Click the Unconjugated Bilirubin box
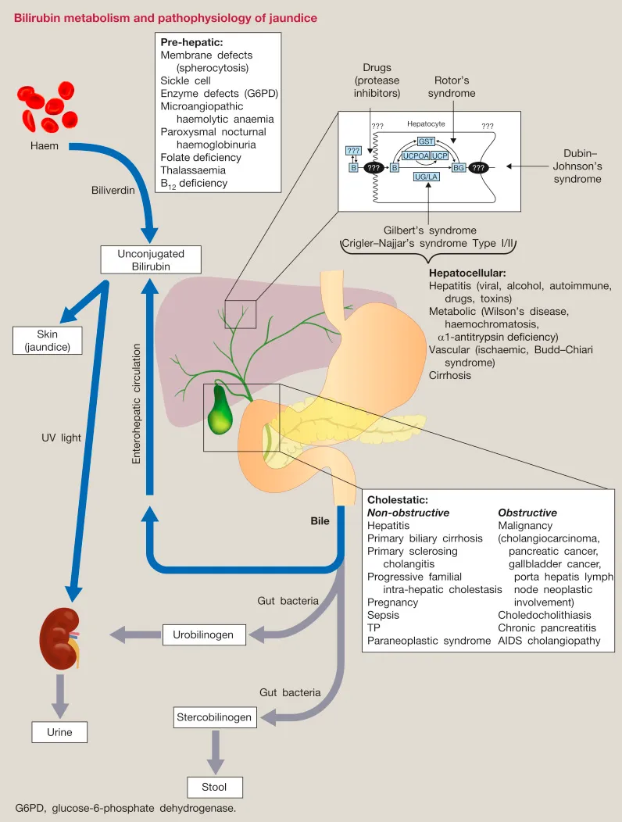pos(151,259)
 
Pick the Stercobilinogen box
pos(214,717)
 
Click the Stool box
pos(215,787)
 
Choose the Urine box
pos(59,732)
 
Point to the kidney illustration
pos(59,641)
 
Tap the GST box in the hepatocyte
pos(426,141)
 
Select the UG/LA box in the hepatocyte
pos(425,177)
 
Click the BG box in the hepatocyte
pos(459,167)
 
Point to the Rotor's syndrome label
pos(451,87)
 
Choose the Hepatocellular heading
pos(467,273)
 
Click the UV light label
pos(61,438)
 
